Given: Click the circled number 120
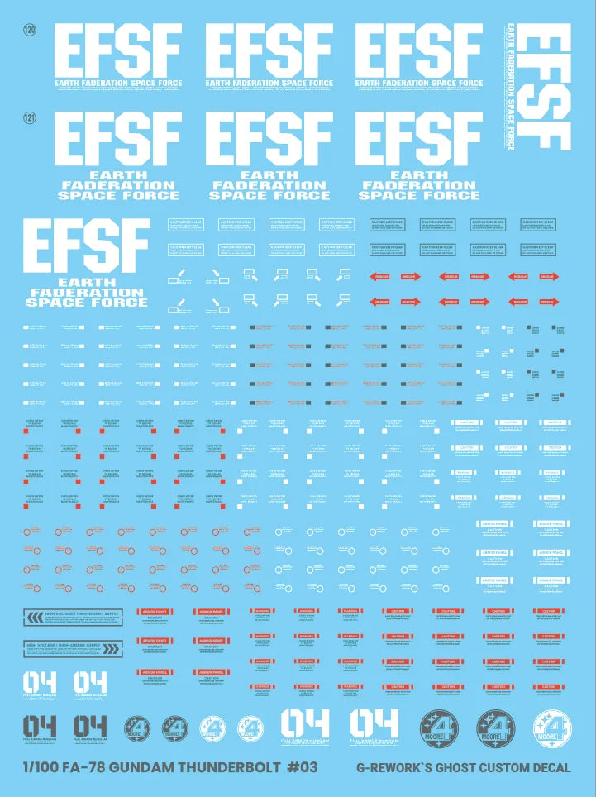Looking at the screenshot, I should coord(30,30).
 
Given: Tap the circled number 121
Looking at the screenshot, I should coord(30,119).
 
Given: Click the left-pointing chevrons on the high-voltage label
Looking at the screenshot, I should coord(36,616).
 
